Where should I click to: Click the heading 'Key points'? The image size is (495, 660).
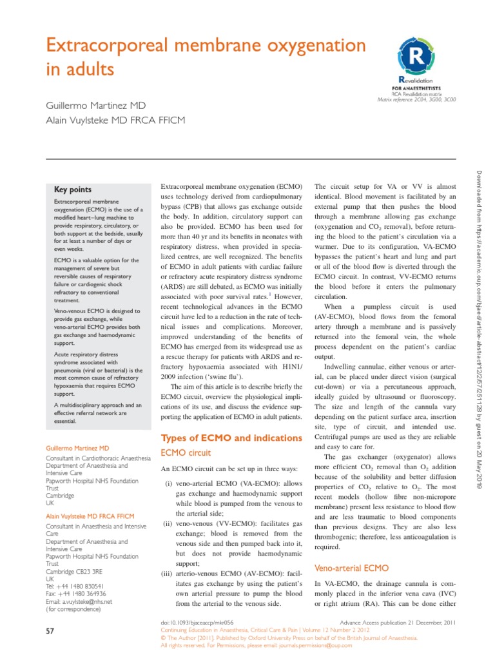(73, 189)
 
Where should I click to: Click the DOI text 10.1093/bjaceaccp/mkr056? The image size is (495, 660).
(197, 623)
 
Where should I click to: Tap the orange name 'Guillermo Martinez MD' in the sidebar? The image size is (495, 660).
(77, 447)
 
